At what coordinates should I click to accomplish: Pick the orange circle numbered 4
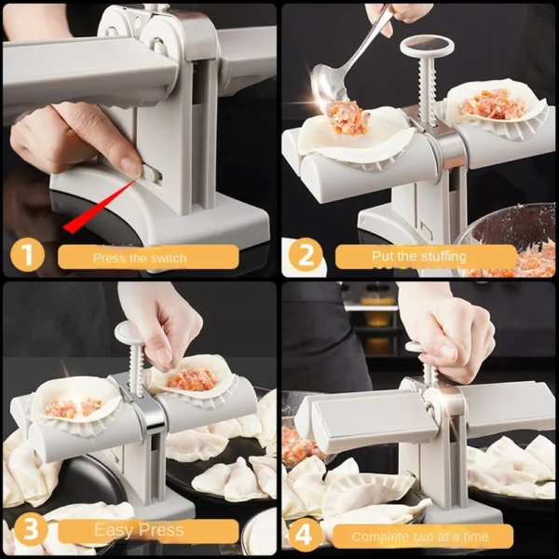pos(305,533)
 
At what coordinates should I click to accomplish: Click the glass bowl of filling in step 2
pos(512,242)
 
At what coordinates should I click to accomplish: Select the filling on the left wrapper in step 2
pos(349,118)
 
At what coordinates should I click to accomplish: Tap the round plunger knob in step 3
pos(128,332)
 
